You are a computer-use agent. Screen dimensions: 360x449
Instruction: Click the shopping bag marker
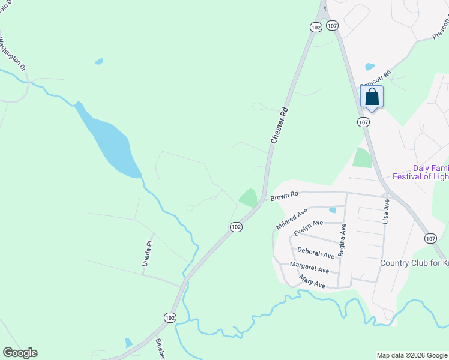(372, 97)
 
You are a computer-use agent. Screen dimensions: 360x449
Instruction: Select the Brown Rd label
(284, 196)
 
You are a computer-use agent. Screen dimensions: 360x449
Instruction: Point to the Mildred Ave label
(292, 219)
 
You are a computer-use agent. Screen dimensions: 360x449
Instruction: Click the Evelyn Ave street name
(309, 227)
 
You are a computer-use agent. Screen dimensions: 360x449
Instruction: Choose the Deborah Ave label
(316, 254)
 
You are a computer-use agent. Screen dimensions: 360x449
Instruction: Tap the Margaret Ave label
(309, 268)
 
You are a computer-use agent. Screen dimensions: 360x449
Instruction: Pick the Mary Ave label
(312, 282)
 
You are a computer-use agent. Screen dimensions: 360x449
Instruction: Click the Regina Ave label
(342, 240)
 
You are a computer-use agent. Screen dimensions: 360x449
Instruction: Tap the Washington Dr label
(13, 54)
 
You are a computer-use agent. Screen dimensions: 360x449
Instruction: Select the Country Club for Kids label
(414, 263)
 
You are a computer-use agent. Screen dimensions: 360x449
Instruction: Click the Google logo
(20, 353)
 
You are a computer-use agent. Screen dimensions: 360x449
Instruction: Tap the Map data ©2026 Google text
(412, 355)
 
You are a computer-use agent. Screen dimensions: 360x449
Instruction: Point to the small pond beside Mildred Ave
(332, 210)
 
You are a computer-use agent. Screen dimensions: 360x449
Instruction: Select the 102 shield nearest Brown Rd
(236, 226)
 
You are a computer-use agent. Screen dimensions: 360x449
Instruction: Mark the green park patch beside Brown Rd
(249, 197)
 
